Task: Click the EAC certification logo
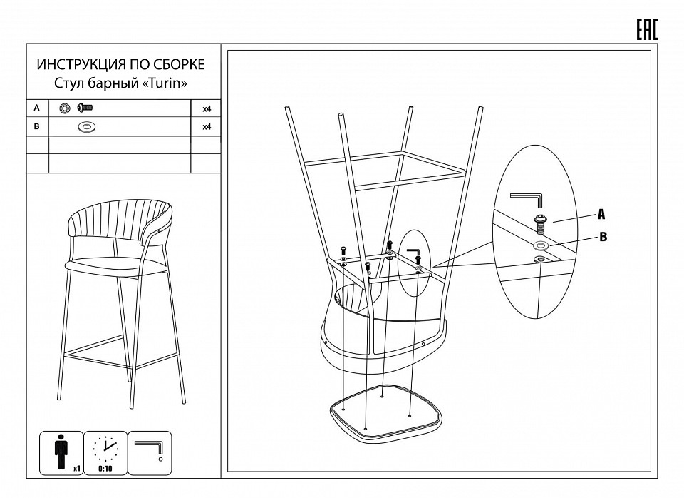[x=646, y=30]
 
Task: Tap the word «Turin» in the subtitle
[x=165, y=83]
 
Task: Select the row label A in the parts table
[x=36, y=108]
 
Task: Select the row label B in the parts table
[x=36, y=126]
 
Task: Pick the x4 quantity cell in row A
[x=207, y=108]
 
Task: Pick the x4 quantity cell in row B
[x=207, y=127]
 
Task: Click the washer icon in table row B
[x=87, y=127]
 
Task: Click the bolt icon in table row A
[x=85, y=108]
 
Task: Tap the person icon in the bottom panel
[x=61, y=452]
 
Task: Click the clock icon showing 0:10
[x=105, y=448]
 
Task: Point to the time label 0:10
[x=105, y=469]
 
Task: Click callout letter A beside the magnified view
[x=601, y=215]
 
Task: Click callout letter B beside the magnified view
[x=603, y=237]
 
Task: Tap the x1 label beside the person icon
[x=77, y=469]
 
